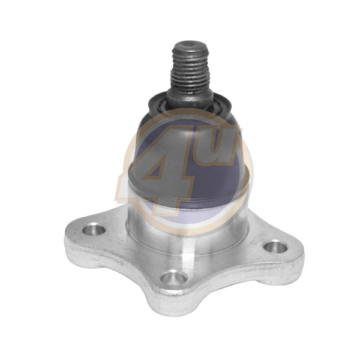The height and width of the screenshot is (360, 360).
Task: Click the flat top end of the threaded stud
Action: coord(190,46)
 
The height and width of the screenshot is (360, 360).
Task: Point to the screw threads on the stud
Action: coord(190,69)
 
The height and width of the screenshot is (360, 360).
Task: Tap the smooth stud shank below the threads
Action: coord(190,98)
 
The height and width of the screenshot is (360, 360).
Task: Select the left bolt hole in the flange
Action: coord(94,229)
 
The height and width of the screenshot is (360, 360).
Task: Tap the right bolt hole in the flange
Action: coord(275,247)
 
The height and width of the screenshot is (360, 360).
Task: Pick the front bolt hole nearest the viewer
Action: coord(173,278)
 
